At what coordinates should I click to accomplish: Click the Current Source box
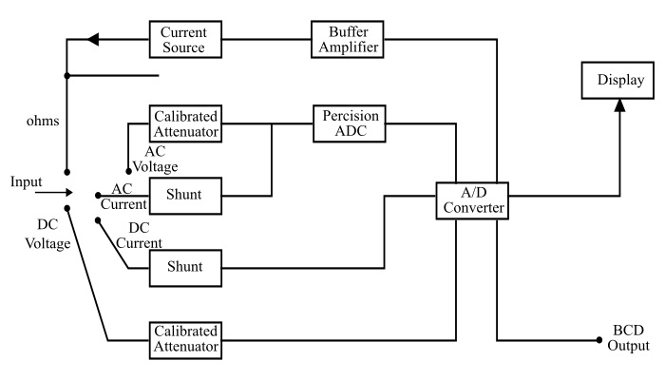(x=185, y=40)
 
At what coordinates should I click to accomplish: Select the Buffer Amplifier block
(x=348, y=40)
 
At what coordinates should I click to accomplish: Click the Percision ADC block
(x=350, y=122)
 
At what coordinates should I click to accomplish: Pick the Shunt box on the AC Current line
(x=185, y=197)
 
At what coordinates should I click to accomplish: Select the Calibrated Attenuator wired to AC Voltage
(x=185, y=122)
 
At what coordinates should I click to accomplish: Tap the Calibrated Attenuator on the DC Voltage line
(x=185, y=340)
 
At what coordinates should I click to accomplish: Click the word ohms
(x=43, y=123)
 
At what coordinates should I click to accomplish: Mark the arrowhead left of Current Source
(x=91, y=40)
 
